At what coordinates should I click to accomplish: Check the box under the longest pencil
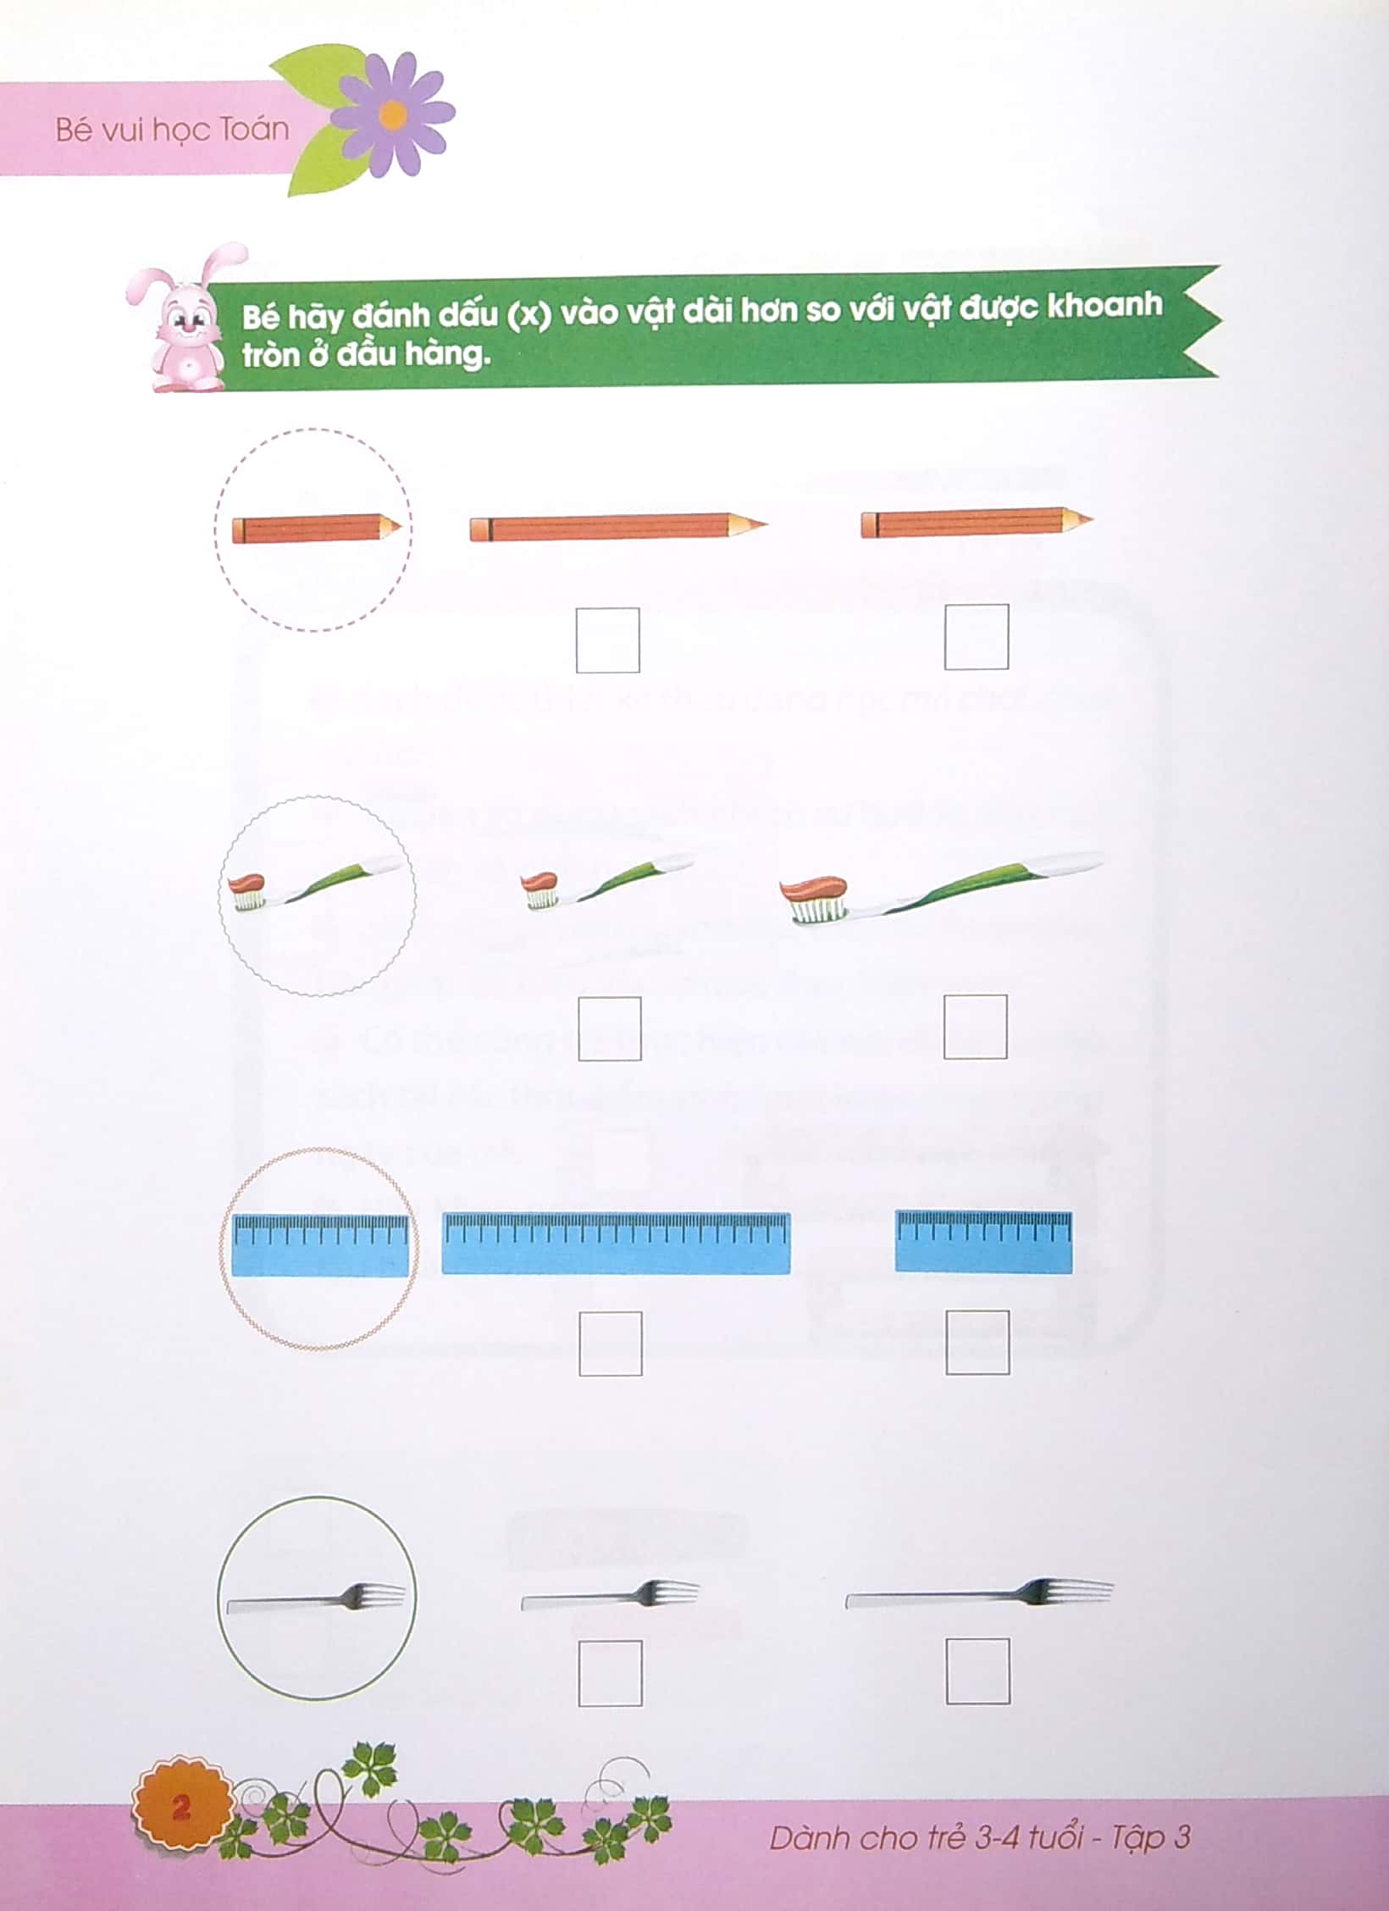pyautogui.click(x=607, y=640)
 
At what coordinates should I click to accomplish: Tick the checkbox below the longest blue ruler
pyautogui.click(x=610, y=1343)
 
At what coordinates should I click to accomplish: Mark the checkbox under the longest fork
pyautogui.click(x=977, y=1671)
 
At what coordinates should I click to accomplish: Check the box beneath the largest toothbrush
pyautogui.click(x=976, y=1027)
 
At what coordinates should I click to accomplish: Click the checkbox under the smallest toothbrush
pyautogui.click(x=610, y=1028)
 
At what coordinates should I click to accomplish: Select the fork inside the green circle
pyautogui.click(x=316, y=1599)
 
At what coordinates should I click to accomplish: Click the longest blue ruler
pyautogui.click(x=616, y=1243)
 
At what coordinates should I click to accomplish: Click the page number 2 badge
pyautogui.click(x=181, y=1808)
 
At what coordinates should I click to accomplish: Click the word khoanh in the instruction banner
pyautogui.click(x=1104, y=305)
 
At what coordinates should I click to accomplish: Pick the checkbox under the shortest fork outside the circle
pyautogui.click(x=610, y=1673)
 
